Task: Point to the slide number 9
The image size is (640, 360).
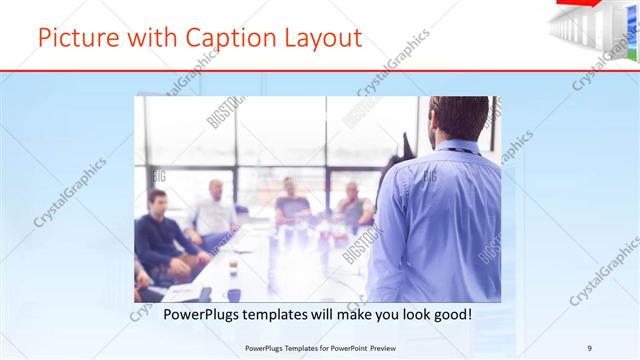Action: point(589,348)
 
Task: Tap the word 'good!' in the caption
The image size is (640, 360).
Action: point(449,314)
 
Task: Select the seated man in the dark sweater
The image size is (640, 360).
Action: point(159,236)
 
